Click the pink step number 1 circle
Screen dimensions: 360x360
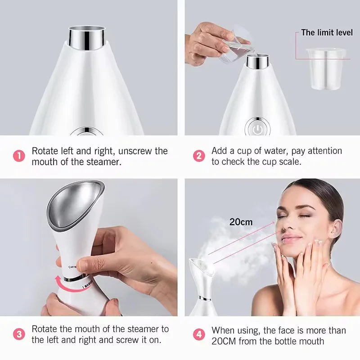pyautogui.click(x=19, y=156)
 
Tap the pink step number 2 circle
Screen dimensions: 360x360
pyautogui.click(x=198, y=156)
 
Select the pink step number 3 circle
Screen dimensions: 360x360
pyautogui.click(x=19, y=334)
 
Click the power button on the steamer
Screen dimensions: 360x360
pyautogui.click(x=257, y=129)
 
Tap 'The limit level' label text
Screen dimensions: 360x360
pyautogui.click(x=327, y=32)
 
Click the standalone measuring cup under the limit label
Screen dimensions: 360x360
pyautogui.click(x=325, y=67)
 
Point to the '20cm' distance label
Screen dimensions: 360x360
pyautogui.click(x=241, y=222)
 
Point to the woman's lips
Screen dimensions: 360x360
pyautogui.click(x=291, y=238)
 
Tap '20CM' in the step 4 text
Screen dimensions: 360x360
pyautogui.click(x=224, y=341)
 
